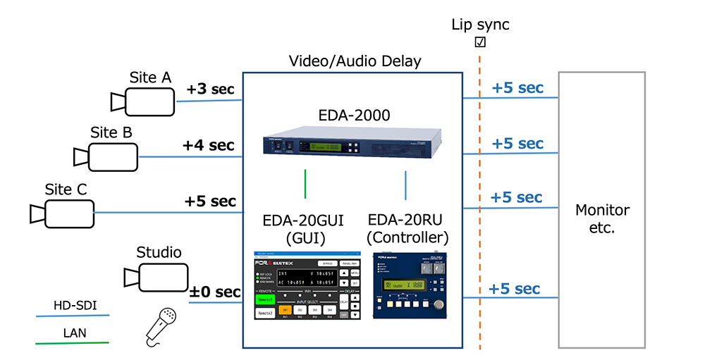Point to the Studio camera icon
[156, 275]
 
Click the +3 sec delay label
[210, 89]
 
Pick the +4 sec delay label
[208, 146]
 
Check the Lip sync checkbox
[481, 42]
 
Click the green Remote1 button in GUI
[264, 299]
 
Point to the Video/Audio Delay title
[355, 61]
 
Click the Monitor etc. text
[602, 218]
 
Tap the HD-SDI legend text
[72, 306]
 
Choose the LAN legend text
[72, 333]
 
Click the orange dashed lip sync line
[481, 211]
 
